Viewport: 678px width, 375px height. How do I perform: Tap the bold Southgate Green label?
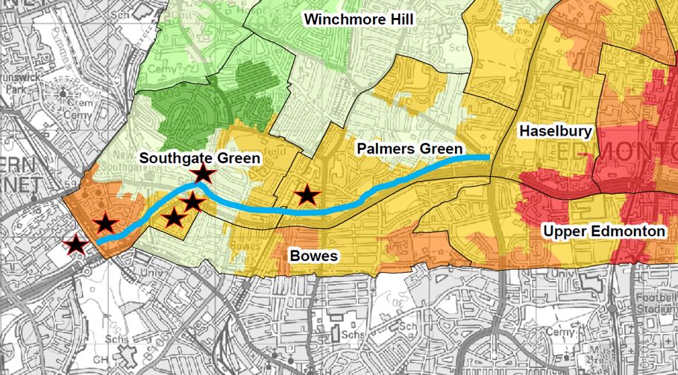(200, 158)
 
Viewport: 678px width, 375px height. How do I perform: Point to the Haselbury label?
(556, 132)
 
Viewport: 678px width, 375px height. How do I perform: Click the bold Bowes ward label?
(313, 256)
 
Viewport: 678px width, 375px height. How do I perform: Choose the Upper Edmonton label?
(604, 232)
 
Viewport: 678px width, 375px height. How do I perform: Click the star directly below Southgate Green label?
(204, 174)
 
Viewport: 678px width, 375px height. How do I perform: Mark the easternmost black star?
(306, 196)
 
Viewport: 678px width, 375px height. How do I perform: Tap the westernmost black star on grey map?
(75, 244)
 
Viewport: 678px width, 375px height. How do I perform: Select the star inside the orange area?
(105, 223)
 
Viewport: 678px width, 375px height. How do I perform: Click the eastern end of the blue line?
(489, 157)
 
